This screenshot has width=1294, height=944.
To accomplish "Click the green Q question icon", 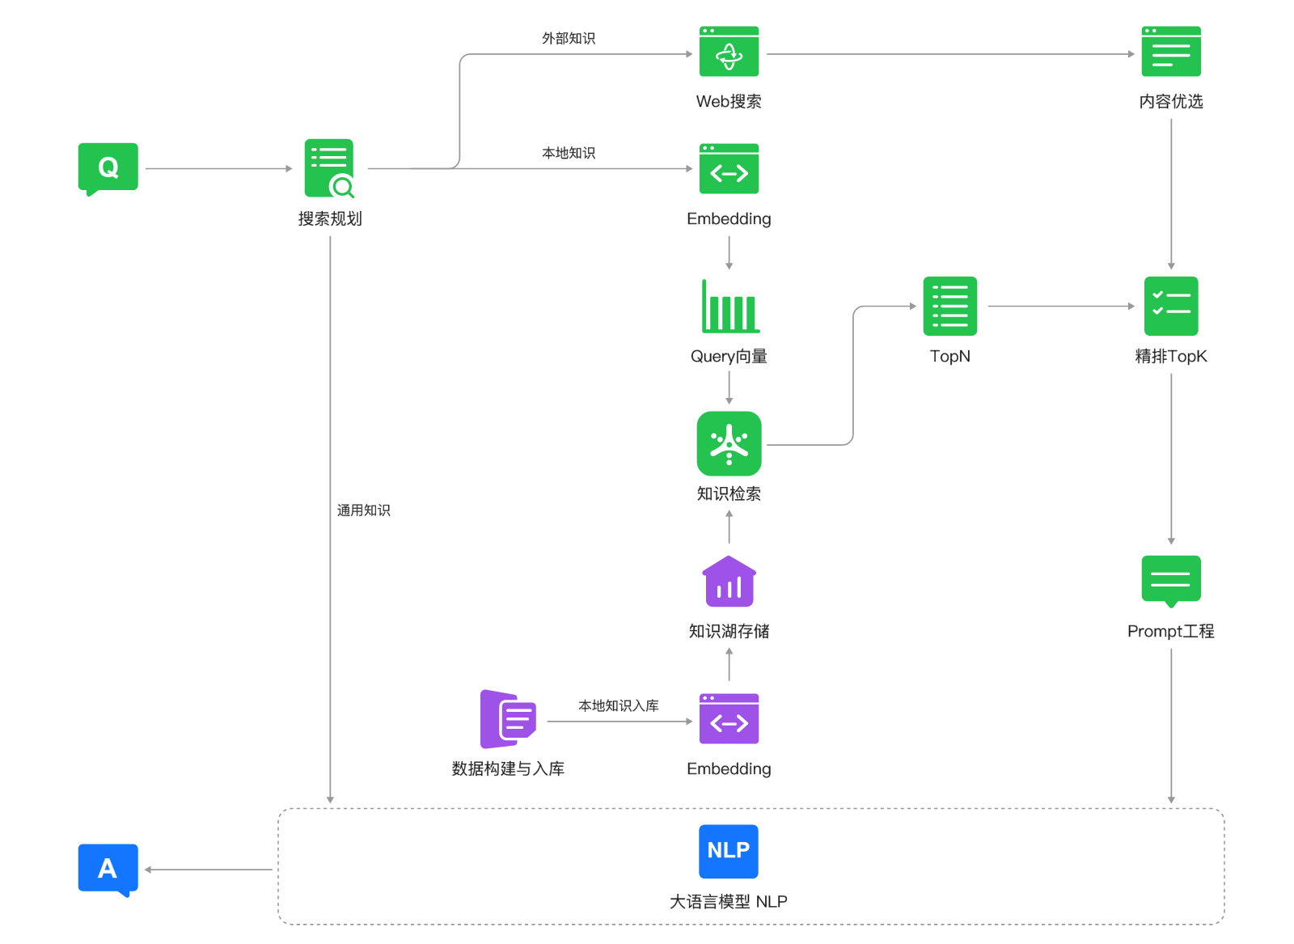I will [108, 167].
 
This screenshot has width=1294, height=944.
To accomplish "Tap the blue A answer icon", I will [108, 868].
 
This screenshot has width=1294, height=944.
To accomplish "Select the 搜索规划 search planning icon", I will [329, 168].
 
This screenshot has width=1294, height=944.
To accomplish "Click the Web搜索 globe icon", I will [729, 53].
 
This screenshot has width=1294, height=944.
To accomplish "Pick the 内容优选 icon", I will [1170, 53].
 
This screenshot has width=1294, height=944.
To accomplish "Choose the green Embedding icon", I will [729, 169].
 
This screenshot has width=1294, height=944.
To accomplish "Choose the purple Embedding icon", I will [729, 719].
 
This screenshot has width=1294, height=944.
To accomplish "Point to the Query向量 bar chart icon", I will [729, 307].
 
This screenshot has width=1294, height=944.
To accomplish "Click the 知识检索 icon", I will [729, 443].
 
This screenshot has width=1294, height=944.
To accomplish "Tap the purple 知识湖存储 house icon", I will [729, 582].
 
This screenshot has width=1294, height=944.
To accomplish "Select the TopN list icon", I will [949, 306].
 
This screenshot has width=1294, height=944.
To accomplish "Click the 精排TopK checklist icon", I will [1170, 306].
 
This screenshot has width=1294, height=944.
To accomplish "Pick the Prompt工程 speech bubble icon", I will [1170, 580].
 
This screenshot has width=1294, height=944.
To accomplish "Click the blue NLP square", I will [728, 851].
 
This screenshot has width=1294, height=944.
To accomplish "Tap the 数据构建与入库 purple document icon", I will [509, 718].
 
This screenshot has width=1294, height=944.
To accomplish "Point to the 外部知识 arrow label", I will [569, 38].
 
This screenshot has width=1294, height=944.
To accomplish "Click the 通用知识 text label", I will [363, 510].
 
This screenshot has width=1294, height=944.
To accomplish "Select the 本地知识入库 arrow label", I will [618, 705].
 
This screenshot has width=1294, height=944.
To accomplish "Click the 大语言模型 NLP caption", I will [728, 901].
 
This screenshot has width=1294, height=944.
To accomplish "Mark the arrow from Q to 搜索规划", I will [218, 168].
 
